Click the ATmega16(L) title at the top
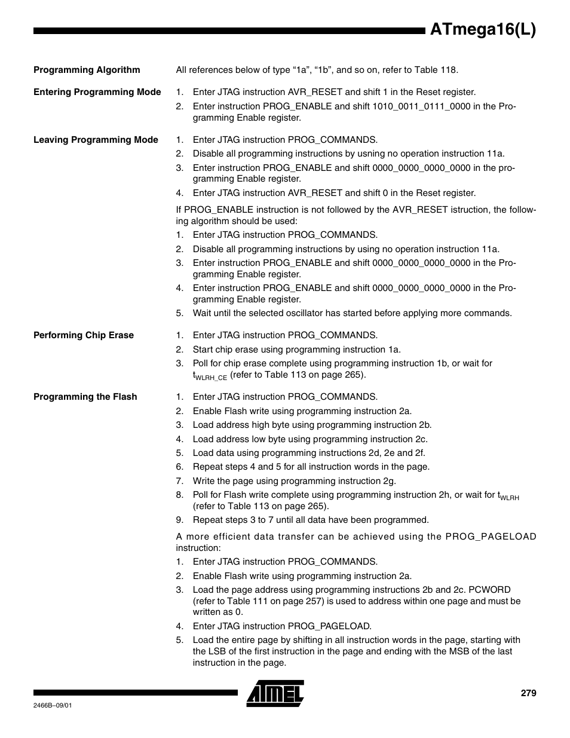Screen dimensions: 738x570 tap(483, 30)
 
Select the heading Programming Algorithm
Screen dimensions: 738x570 tap(87, 70)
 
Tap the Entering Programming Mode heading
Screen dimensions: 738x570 tap(97, 92)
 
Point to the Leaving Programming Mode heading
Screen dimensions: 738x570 tap(96, 140)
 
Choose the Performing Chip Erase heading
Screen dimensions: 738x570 tap(84, 335)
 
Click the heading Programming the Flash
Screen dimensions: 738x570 tap(85, 397)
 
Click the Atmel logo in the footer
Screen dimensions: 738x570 tap(275, 693)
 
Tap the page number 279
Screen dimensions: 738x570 tap(528, 693)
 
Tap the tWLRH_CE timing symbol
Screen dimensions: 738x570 tap(210, 376)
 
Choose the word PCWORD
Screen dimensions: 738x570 tap(489, 590)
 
